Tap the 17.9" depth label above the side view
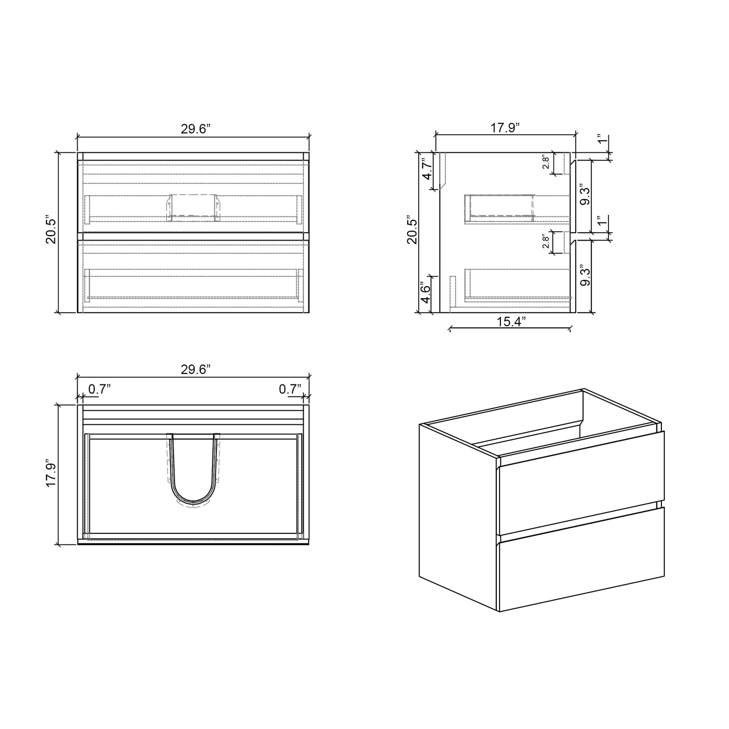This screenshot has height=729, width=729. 505,128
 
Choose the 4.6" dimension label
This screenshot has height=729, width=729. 426,294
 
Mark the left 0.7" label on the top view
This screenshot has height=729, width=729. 99,389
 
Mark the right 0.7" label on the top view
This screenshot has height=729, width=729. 290,389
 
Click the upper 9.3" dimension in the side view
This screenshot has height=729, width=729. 585,195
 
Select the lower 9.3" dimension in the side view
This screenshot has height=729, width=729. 585,275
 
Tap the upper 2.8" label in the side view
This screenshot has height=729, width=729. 545,162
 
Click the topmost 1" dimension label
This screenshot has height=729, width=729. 600,139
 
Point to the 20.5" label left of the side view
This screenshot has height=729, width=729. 413,232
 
